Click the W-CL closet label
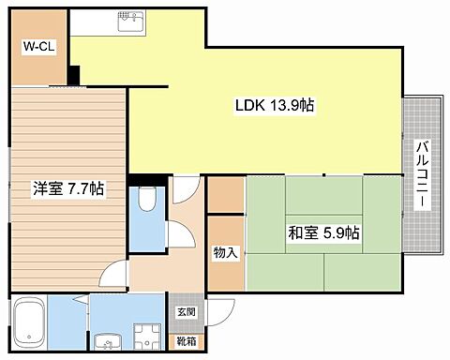[x=39, y=47]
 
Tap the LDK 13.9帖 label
[x=275, y=105]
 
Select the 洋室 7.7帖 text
[x=68, y=188]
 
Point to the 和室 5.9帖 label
[x=323, y=232]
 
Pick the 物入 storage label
[x=226, y=252]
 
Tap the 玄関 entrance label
[x=187, y=312]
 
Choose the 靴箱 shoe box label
[x=187, y=341]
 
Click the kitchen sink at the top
[x=131, y=22]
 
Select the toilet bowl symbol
[x=147, y=199]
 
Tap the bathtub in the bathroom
[x=28, y=322]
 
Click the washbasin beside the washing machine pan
[x=108, y=341]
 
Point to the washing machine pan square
[x=147, y=337]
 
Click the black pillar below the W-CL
[x=74, y=75]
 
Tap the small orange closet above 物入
[x=226, y=195]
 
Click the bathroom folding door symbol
[x=82, y=298]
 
